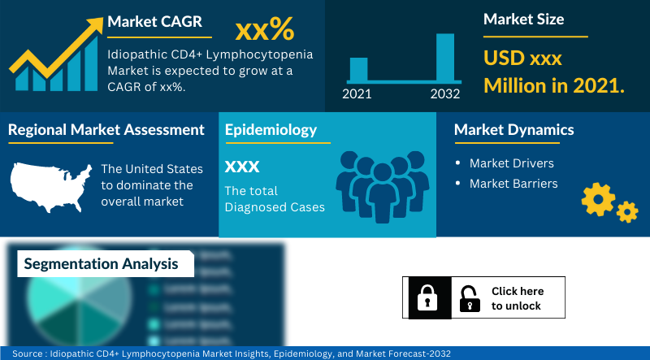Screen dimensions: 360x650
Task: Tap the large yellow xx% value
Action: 264,31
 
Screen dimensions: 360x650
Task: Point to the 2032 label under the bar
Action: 444,94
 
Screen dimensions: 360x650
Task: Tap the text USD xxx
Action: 522,59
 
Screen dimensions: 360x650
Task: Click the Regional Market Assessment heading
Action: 106,129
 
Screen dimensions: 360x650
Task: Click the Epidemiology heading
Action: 271,130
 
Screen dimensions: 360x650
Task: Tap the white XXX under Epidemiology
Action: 242,167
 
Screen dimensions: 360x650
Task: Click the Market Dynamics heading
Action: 513,130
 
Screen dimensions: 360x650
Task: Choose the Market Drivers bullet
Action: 511,163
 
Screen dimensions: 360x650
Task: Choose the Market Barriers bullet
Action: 513,184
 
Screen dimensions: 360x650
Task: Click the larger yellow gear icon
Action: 599,198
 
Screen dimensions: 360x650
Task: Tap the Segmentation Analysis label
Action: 101,264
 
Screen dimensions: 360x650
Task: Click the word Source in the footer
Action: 28,353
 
